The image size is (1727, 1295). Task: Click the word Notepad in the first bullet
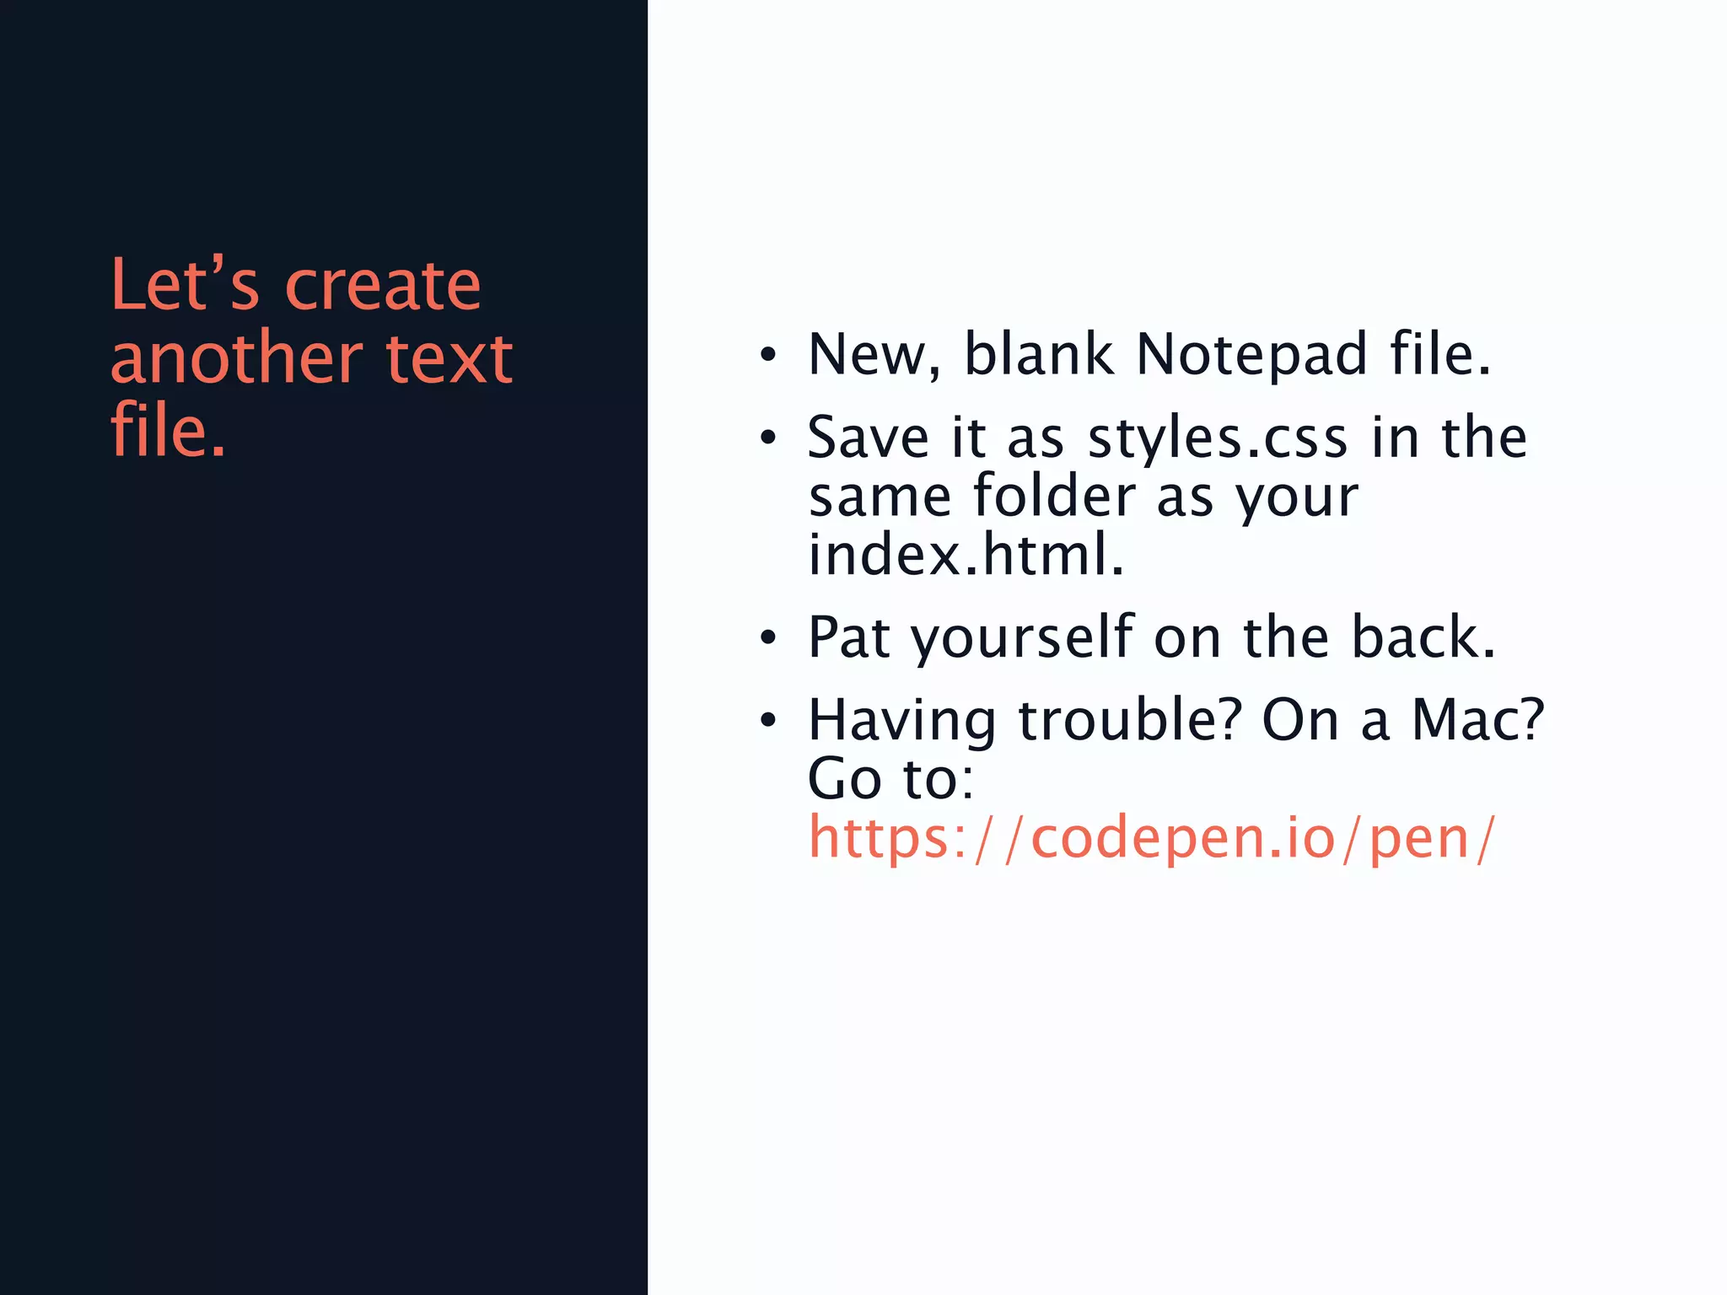(x=1251, y=354)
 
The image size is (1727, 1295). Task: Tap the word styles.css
(x=1218, y=438)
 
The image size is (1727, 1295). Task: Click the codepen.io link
(x=1152, y=838)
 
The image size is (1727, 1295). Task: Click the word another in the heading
(x=237, y=357)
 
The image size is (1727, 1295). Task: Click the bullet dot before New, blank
(x=767, y=355)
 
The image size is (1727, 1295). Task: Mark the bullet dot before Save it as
(x=767, y=438)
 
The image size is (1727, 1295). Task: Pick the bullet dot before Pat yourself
(x=767, y=637)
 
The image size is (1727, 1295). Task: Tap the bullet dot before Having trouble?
(x=767, y=721)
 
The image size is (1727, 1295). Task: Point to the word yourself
(x=1023, y=637)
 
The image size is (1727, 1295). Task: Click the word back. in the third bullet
(x=1423, y=637)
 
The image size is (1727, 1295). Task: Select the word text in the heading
(x=449, y=357)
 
